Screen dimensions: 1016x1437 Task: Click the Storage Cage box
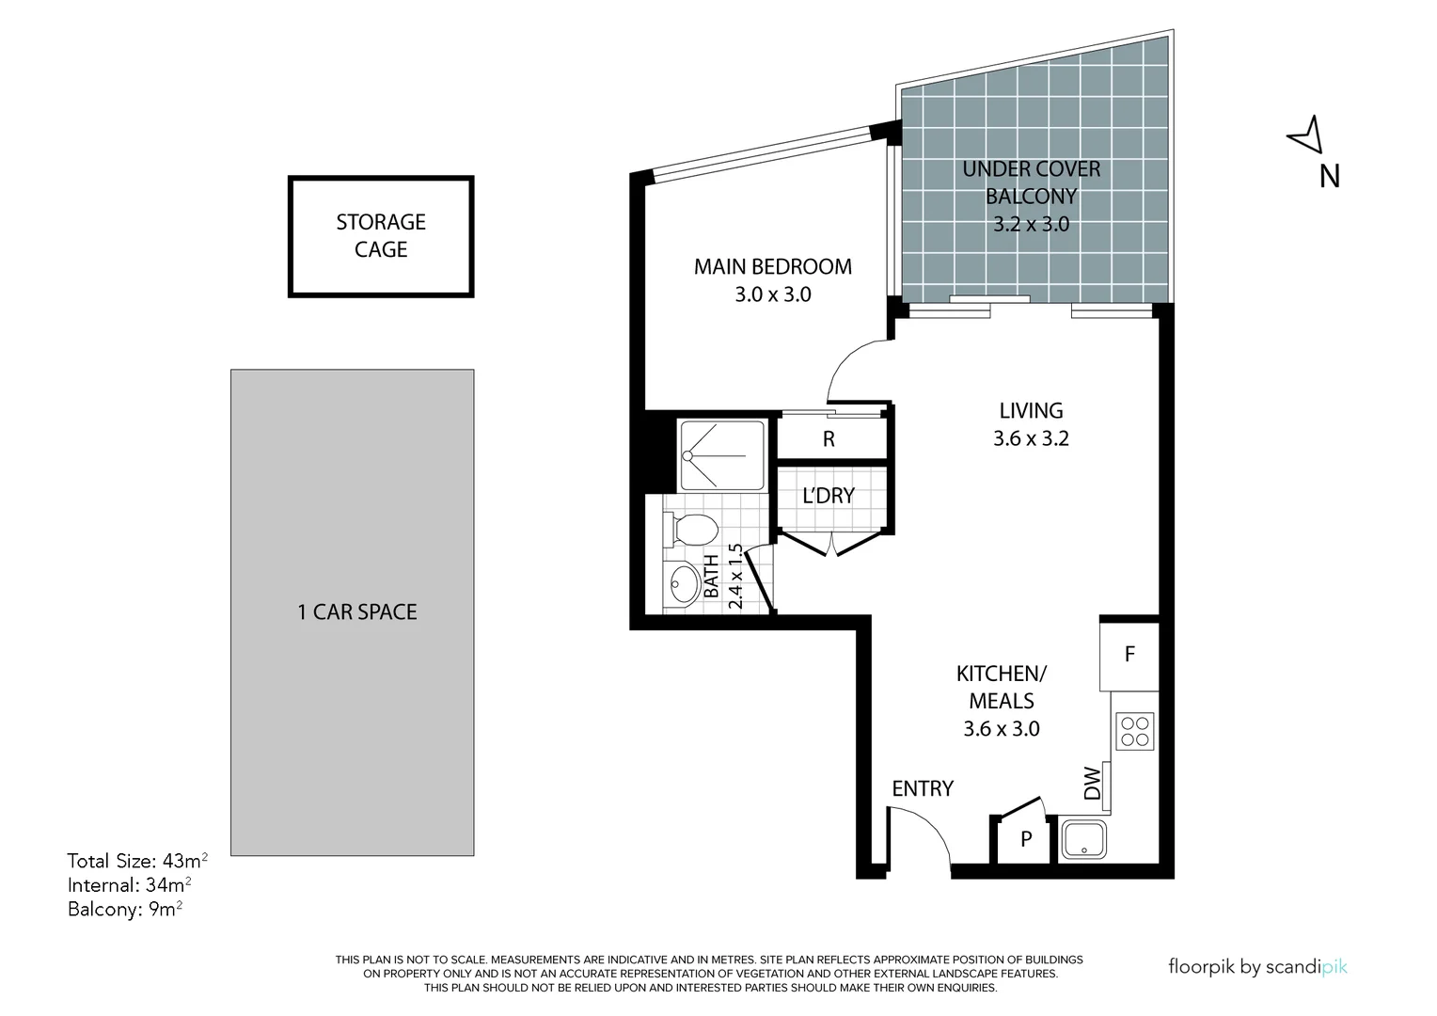(x=381, y=236)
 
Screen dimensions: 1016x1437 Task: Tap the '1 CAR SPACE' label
(x=356, y=612)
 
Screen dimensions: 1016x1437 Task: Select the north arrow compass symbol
(x=1305, y=135)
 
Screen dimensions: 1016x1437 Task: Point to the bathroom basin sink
(x=681, y=586)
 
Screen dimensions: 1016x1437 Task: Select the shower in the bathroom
(x=721, y=455)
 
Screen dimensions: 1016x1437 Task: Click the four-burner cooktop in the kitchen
(x=1134, y=731)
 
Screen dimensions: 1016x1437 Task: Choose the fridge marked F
(x=1129, y=654)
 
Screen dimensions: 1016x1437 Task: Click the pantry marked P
(x=1026, y=839)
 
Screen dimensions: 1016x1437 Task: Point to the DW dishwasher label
(x=1092, y=784)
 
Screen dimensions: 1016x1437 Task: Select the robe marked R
(x=829, y=439)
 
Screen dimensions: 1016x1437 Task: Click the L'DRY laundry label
(x=829, y=496)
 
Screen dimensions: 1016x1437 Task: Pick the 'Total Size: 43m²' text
(x=137, y=861)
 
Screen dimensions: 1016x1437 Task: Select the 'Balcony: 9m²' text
(x=125, y=910)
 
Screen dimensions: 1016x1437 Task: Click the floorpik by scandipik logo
(x=1257, y=966)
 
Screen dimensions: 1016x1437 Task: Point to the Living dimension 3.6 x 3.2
(x=1031, y=438)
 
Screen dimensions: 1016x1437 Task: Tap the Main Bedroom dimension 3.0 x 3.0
(x=772, y=294)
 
